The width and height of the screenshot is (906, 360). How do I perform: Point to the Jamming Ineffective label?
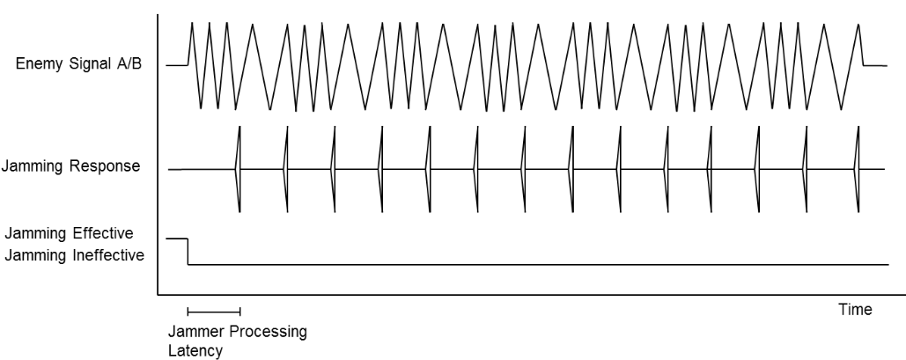[74, 254]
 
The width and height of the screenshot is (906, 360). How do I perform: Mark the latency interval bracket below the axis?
[213, 311]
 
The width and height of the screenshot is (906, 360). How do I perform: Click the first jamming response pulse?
[239, 168]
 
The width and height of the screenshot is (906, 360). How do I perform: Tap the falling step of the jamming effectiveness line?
[188, 251]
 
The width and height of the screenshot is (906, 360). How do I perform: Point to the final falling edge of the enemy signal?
[861, 44]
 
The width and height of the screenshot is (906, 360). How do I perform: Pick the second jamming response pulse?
[286, 168]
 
